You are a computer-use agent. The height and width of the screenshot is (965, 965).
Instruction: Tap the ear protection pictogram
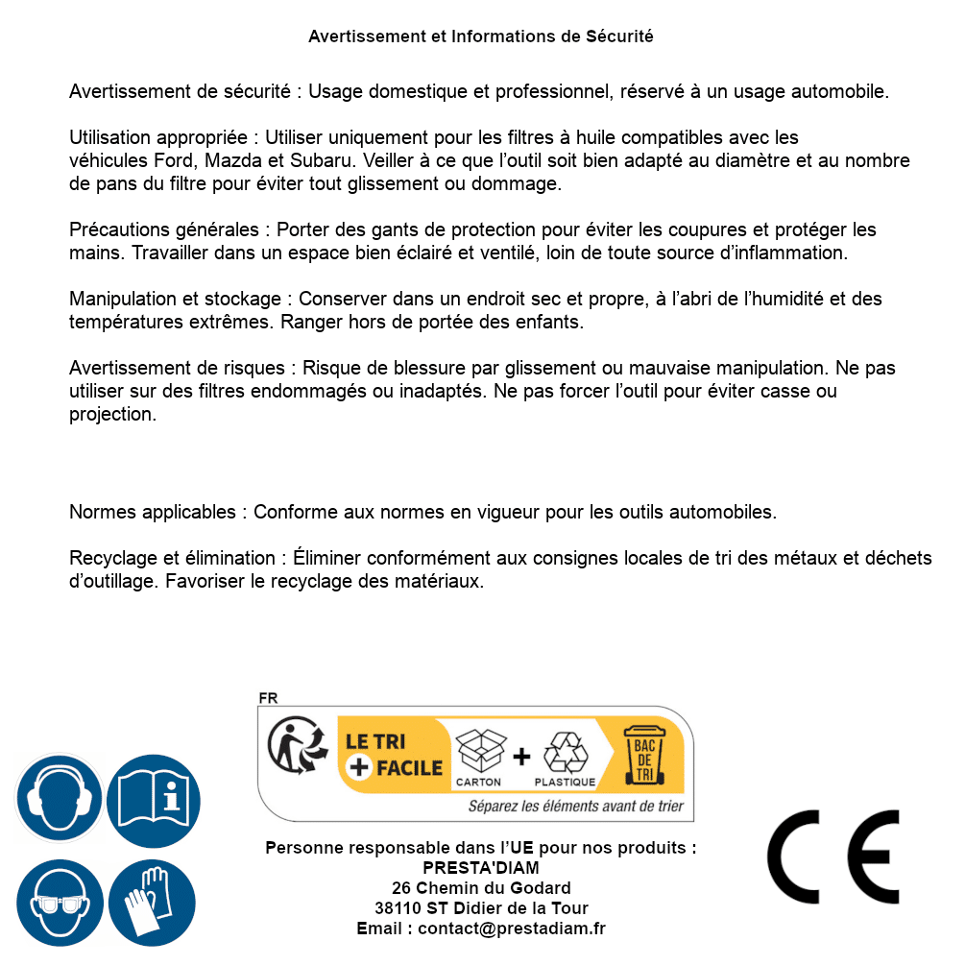coord(59,798)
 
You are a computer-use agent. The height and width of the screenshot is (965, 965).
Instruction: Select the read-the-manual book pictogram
coord(153,798)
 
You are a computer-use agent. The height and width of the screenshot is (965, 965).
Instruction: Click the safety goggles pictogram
coord(59,903)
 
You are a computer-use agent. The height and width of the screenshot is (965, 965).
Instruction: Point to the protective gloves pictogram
coord(152,903)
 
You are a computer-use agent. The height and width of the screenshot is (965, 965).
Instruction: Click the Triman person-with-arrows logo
coord(292,747)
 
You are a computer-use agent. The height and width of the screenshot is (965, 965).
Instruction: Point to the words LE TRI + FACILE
coord(394,755)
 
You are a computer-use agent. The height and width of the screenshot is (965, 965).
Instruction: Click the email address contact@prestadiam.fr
coord(512,929)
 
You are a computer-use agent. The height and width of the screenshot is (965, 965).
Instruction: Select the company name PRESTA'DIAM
coord(481,868)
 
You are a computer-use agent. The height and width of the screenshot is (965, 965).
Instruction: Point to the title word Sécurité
coord(619,36)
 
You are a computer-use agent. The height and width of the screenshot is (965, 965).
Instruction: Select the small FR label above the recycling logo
coord(268,698)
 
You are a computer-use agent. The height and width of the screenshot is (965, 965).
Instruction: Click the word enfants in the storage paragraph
coord(548,322)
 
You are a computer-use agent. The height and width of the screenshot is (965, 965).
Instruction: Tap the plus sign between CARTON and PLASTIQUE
coord(521,756)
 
